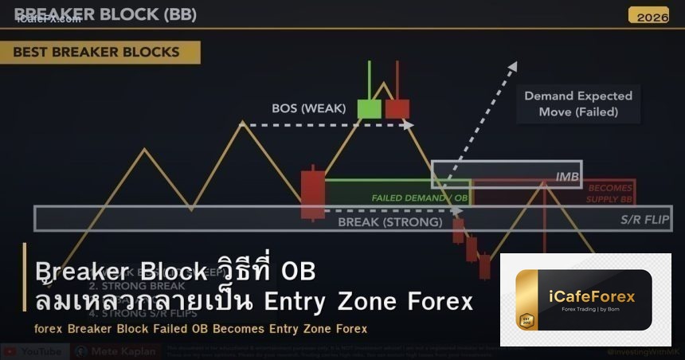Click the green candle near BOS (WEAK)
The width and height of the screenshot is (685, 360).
pyautogui.click(x=369, y=108)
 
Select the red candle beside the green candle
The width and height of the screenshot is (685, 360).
pyautogui.click(x=397, y=108)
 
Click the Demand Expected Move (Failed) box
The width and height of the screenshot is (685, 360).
pyautogui.click(x=578, y=104)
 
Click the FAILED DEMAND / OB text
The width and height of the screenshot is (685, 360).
pyautogui.click(x=419, y=197)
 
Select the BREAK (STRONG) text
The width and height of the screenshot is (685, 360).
pyautogui.click(x=389, y=221)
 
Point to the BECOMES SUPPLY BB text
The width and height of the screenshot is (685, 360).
pyautogui.click(x=609, y=193)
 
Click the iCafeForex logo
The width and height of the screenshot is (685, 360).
pyautogui.click(x=585, y=301)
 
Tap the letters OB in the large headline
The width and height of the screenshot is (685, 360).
pyautogui.click(x=299, y=272)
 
